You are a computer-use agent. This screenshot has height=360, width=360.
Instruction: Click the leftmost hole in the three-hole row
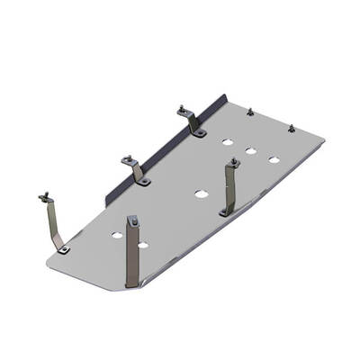click(229, 142)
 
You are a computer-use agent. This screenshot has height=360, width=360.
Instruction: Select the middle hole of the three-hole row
click(251, 150)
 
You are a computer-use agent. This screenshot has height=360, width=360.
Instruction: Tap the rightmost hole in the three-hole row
click(273, 160)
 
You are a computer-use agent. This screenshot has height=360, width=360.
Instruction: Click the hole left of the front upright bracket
click(117, 235)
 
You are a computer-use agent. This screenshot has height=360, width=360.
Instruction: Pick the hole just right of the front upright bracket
click(143, 244)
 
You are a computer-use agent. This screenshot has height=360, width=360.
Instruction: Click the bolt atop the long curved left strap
click(43, 197)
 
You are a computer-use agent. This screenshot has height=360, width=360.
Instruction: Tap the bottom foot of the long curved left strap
click(63, 247)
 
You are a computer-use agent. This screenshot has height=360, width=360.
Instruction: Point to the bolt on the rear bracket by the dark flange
click(183, 111)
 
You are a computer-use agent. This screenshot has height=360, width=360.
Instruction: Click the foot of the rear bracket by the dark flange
click(199, 133)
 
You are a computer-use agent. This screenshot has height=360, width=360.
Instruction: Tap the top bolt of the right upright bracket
click(234, 163)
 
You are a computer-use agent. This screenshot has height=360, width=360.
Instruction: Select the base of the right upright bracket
click(224, 212)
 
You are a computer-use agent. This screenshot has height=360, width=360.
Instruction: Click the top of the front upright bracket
click(133, 220)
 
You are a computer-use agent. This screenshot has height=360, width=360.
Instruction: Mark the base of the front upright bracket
click(132, 282)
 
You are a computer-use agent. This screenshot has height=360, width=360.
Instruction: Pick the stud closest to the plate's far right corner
click(291, 128)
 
